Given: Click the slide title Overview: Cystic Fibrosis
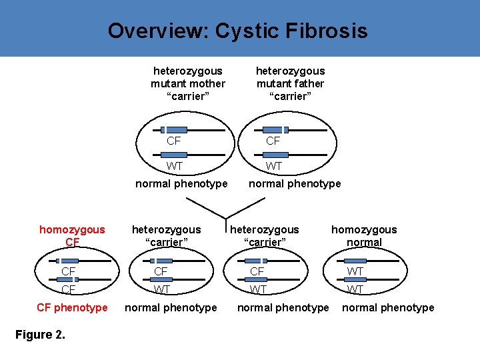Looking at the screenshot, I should coord(237,31).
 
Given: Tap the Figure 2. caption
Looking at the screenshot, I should coord(40,335).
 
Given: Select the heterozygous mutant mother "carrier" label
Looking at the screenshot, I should coord(188,83).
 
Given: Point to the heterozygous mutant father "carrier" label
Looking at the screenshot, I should coord(291,83).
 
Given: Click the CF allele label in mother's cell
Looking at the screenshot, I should coord(174,141).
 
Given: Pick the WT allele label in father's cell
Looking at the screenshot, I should coord(274,166).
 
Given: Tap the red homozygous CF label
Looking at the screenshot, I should coord(72,235).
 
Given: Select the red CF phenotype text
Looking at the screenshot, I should coord(72,307).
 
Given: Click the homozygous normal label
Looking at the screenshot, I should coord(364,235).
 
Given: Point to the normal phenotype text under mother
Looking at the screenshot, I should coord(181,183).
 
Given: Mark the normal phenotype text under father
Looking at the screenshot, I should coord(295,183).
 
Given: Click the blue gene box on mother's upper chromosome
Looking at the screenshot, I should coord(178,130).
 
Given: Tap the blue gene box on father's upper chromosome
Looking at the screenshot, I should coord(271,130).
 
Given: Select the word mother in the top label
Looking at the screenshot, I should coord(207,83).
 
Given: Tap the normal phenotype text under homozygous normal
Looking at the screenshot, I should coord(388,307).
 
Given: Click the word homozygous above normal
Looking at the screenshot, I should coord(364,229).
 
